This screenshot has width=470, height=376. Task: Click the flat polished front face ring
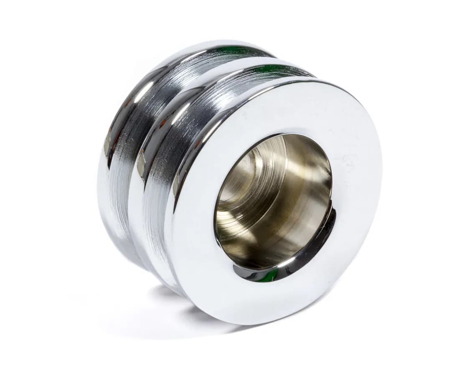343,234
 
